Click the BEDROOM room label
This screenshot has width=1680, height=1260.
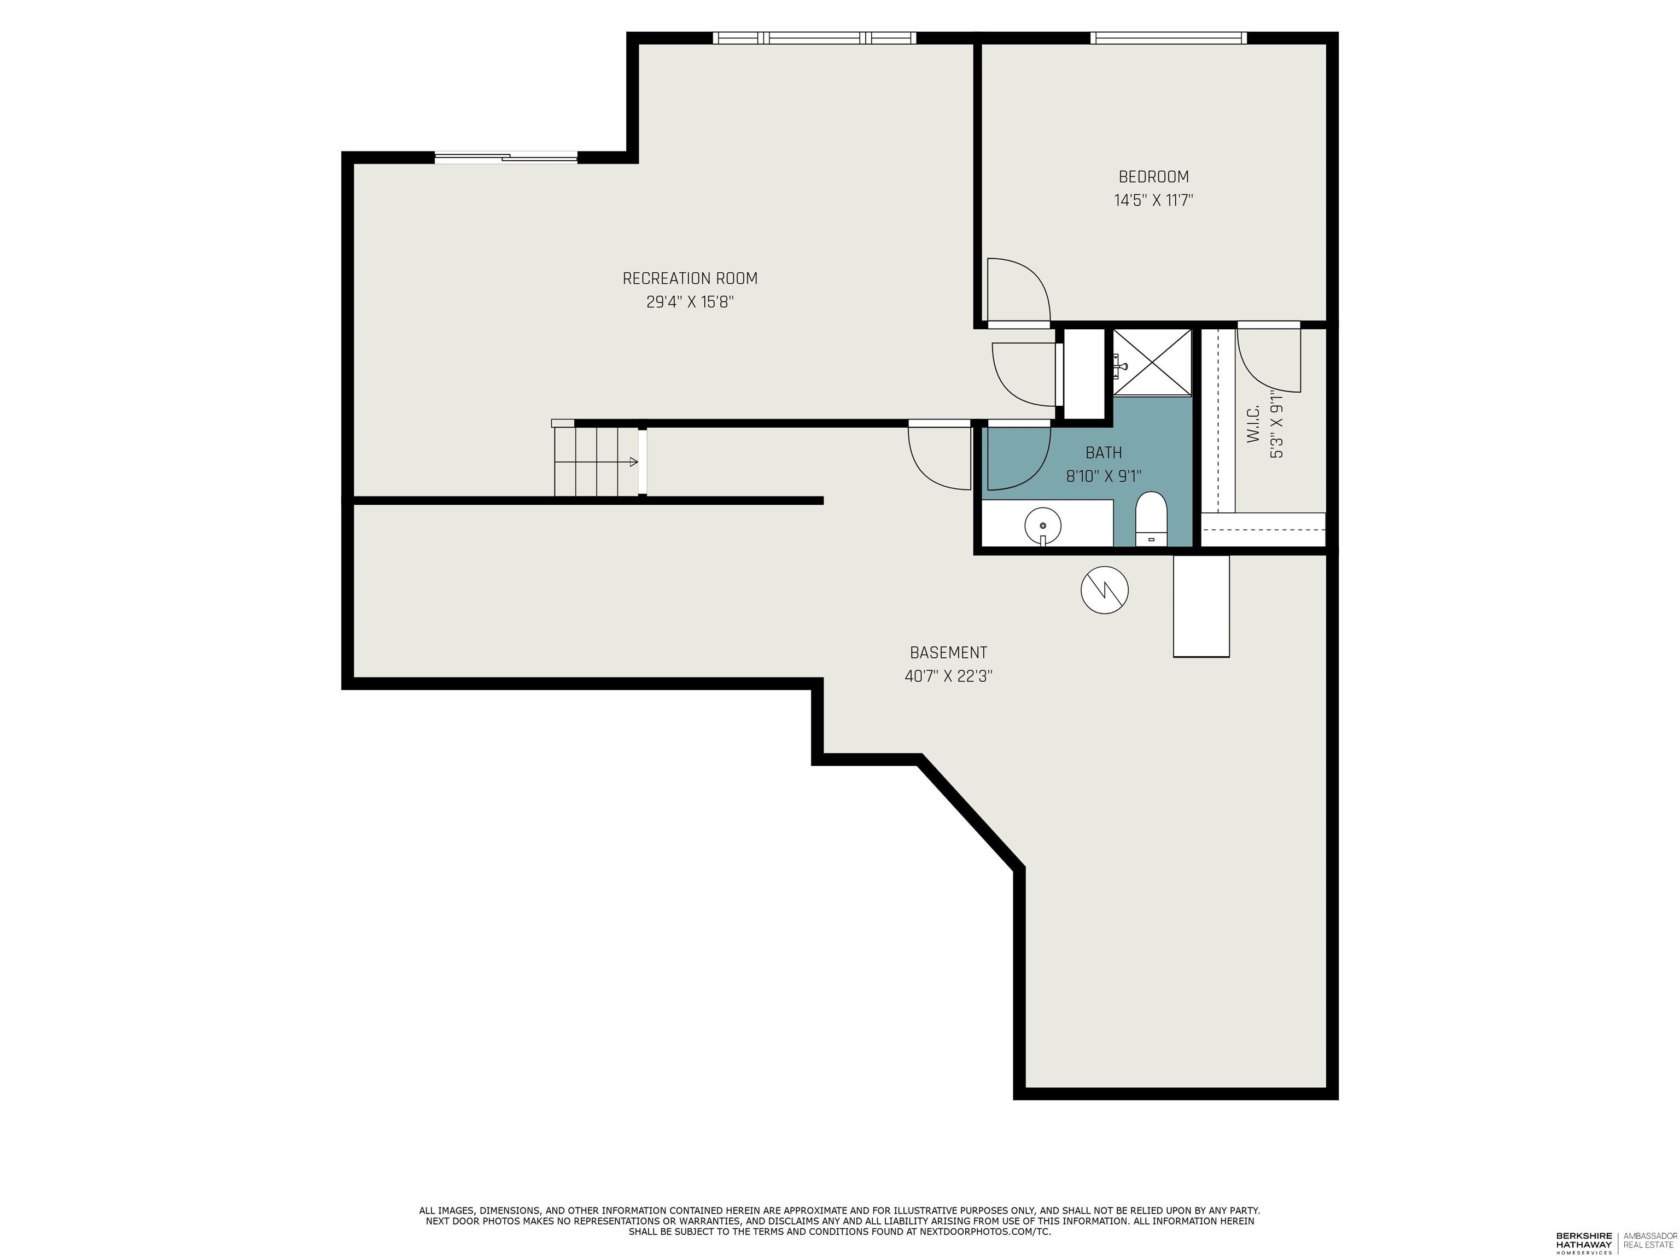(x=1153, y=177)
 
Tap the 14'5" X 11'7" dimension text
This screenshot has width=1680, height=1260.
(x=1153, y=201)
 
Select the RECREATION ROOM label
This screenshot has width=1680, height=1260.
(x=690, y=279)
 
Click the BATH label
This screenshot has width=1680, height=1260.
(x=1103, y=453)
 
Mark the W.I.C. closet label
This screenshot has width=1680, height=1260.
(x=1253, y=425)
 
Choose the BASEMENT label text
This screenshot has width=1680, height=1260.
(x=948, y=652)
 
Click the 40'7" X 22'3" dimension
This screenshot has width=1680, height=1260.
(x=948, y=676)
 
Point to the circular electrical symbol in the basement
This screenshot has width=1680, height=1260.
(x=1104, y=590)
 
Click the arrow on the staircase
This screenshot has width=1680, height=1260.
(x=632, y=462)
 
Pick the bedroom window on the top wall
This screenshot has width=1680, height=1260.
(x=1168, y=38)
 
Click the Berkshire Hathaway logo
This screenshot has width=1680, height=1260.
(x=1584, y=1242)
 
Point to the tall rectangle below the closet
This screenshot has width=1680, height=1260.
(x=1201, y=605)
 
